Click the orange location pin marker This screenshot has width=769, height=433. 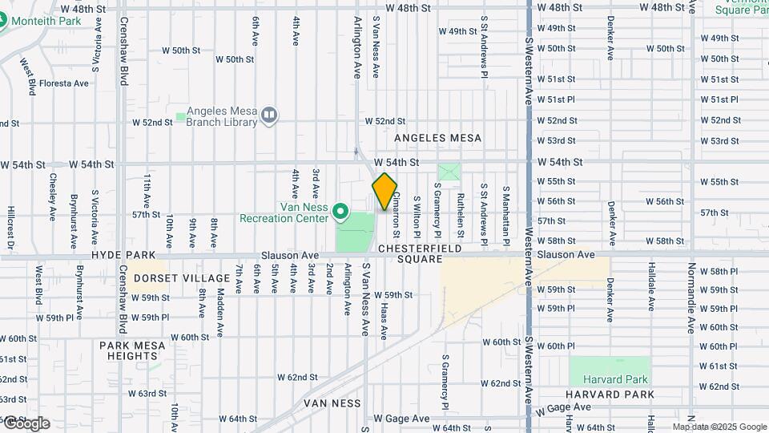(384, 192)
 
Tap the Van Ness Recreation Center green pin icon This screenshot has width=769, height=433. (340, 212)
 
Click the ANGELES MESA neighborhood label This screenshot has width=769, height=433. (438, 138)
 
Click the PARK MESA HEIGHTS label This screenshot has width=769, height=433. (133, 350)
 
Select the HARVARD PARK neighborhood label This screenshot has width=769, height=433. (610, 395)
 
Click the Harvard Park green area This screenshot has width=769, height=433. (610, 370)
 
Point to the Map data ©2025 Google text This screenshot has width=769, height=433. (719, 427)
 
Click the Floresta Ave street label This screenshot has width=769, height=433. (64, 83)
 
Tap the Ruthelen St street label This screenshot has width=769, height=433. (461, 216)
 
